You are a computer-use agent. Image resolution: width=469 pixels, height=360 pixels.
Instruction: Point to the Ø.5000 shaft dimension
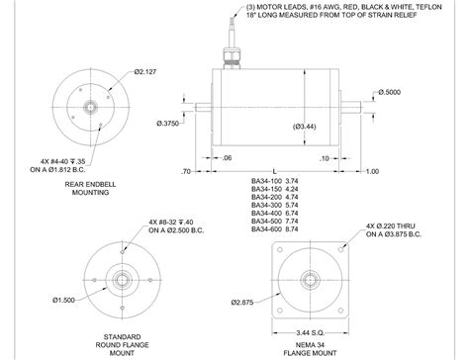(x=392, y=92)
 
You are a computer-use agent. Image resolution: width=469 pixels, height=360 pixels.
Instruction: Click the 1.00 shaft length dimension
(x=372, y=171)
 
